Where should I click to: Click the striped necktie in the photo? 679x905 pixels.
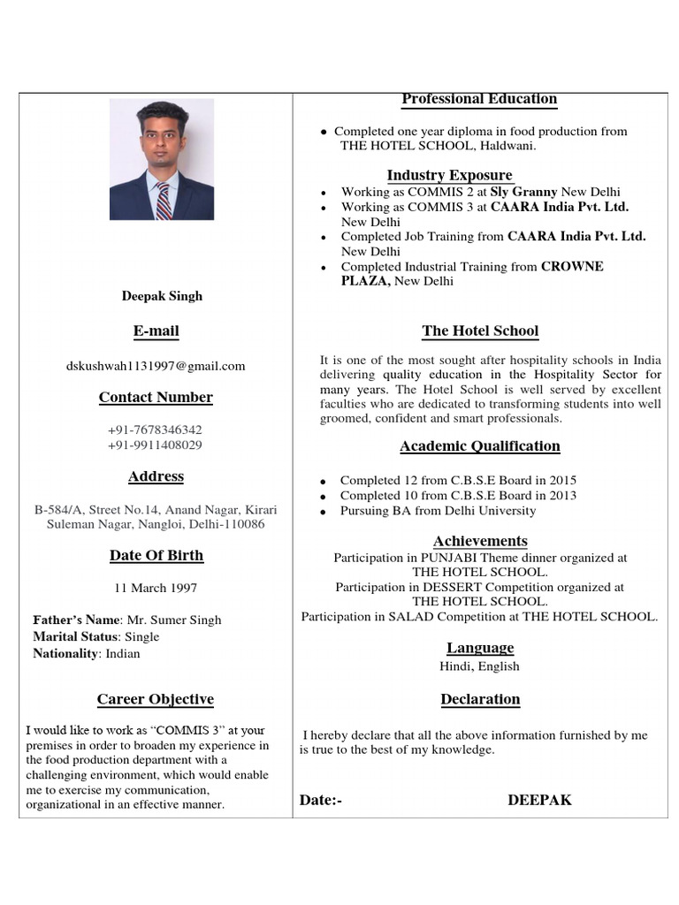(x=164, y=201)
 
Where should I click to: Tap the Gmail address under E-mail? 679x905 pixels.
(x=156, y=366)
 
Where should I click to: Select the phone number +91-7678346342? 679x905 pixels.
(x=155, y=430)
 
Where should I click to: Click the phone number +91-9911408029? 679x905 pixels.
(x=155, y=445)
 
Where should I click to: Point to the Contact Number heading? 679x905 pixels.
(x=156, y=398)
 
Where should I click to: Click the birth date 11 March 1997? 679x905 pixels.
(x=156, y=588)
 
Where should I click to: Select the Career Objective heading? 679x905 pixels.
(x=156, y=699)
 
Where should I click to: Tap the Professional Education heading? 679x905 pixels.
(x=479, y=99)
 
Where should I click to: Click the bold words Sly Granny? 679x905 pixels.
(x=524, y=192)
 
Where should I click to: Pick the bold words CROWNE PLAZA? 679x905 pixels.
(x=571, y=267)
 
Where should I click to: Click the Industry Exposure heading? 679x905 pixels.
(x=449, y=175)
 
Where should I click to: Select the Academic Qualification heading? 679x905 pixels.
(x=479, y=446)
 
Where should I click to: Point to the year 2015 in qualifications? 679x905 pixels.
(x=561, y=481)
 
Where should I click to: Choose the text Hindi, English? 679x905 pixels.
(x=479, y=666)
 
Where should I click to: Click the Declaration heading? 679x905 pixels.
(x=480, y=699)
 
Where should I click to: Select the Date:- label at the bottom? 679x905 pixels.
(x=320, y=800)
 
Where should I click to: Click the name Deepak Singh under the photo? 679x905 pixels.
(x=162, y=296)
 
